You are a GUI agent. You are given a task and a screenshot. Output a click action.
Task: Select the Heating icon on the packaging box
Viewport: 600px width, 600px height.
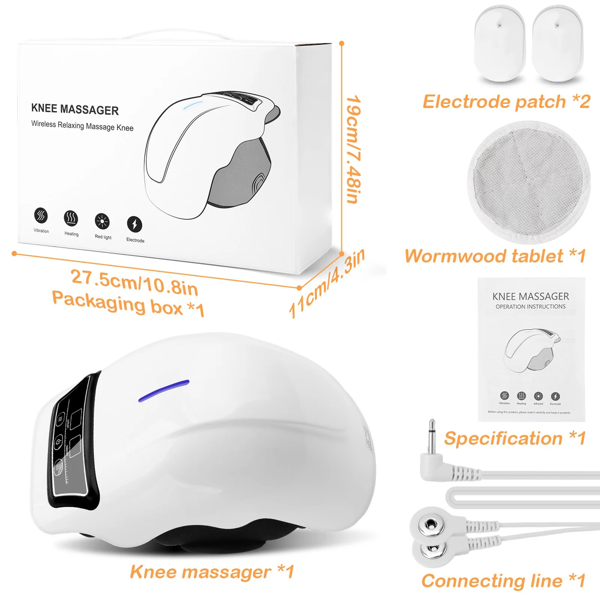click(x=71, y=218)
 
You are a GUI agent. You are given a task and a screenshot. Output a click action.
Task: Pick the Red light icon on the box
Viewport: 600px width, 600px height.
click(x=102, y=221)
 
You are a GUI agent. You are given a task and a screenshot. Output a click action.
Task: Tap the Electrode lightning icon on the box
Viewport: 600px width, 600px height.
click(x=135, y=224)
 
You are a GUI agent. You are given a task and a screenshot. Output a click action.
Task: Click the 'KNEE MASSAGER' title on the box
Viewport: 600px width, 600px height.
click(x=75, y=109)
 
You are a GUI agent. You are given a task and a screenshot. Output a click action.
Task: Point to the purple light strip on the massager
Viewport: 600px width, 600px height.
click(x=164, y=391)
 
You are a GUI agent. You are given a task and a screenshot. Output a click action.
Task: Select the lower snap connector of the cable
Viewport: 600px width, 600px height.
click(x=430, y=549)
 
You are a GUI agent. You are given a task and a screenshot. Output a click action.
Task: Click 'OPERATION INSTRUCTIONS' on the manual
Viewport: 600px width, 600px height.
click(x=530, y=307)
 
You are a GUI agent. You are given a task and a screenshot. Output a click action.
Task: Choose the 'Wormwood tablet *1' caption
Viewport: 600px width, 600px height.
click(x=495, y=256)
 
